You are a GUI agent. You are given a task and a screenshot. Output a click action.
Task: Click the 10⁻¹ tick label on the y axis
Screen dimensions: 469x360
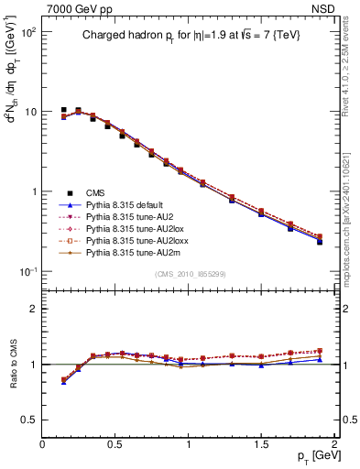[27, 272]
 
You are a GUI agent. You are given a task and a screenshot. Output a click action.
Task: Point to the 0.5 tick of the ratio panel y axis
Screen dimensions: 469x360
[27, 420]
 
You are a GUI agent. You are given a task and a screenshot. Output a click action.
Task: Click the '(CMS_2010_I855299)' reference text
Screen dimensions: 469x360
[190, 276]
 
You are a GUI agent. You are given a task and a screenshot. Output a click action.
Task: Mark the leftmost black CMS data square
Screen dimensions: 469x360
[63, 110]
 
